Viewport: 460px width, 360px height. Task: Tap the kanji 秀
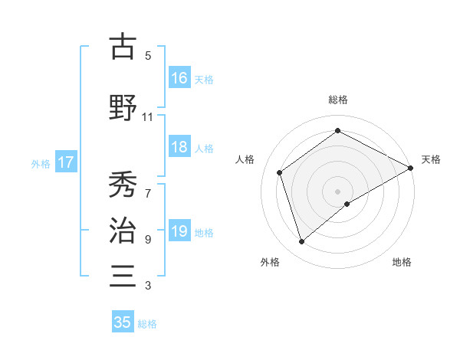(x=123, y=185)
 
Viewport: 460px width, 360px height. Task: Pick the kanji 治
(x=123, y=229)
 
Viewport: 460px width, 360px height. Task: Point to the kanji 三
(x=123, y=274)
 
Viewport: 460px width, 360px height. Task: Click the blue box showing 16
(x=179, y=78)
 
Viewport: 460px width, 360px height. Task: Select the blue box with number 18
(x=179, y=148)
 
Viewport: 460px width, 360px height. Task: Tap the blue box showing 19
(x=179, y=232)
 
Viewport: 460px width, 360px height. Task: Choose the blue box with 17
(x=65, y=162)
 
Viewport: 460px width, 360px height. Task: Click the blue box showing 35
(x=123, y=322)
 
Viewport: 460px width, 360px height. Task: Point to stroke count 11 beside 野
(x=148, y=117)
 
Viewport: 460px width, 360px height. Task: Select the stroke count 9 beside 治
(x=148, y=240)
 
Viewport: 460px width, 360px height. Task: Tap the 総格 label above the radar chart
(x=338, y=100)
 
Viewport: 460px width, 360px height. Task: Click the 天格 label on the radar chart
(x=432, y=159)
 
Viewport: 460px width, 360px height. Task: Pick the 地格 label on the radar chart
(x=402, y=262)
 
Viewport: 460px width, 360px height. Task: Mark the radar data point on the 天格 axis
(x=411, y=168)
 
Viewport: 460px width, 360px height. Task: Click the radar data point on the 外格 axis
(x=302, y=242)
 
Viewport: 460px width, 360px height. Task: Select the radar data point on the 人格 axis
(x=280, y=172)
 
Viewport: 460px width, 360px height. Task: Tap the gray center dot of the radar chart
(x=338, y=191)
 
